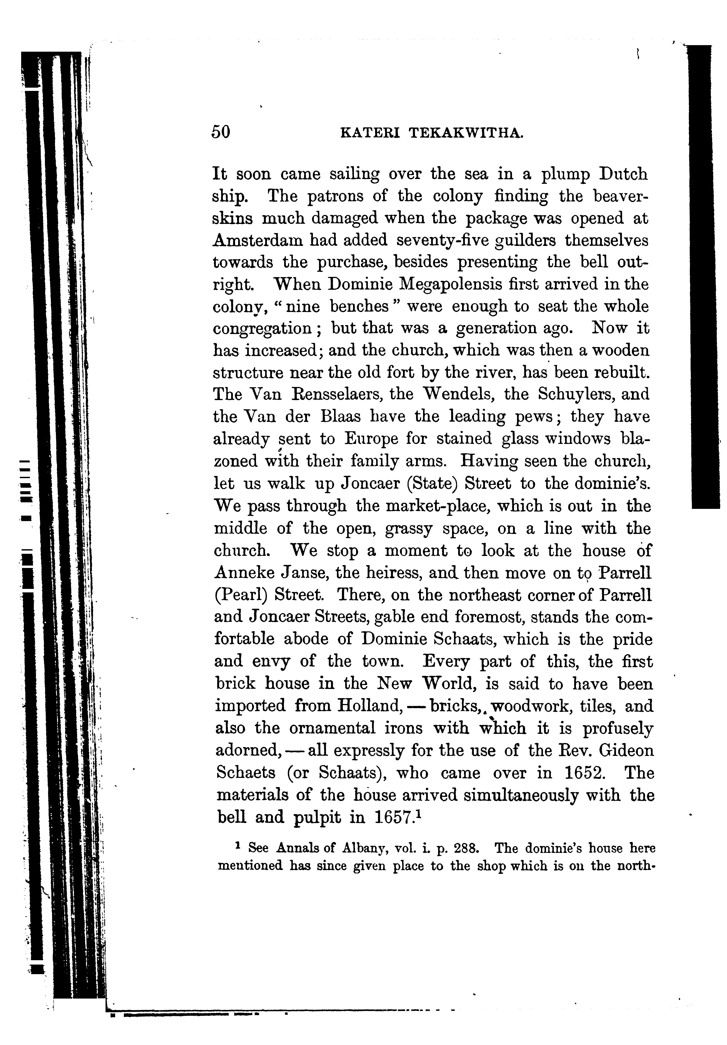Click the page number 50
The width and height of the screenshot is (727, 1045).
tap(221, 132)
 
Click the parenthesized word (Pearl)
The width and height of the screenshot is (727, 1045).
tap(240, 595)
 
